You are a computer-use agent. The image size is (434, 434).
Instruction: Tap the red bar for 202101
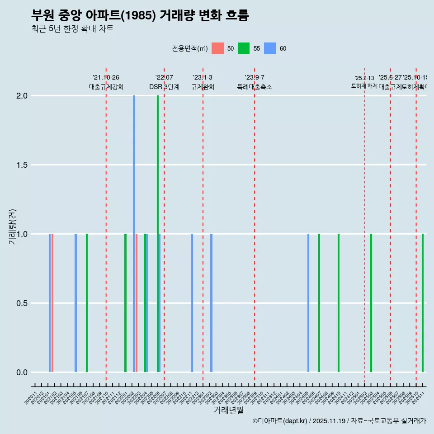point(52,303)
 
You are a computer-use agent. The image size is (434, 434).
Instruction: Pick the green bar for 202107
point(87,303)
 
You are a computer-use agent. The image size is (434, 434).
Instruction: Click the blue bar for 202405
point(308,303)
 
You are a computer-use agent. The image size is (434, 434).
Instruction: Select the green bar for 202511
point(423,303)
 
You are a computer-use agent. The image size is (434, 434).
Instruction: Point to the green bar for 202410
point(339,303)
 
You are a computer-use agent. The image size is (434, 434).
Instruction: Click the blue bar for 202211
point(192,303)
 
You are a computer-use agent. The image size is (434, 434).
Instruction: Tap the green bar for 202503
point(371,303)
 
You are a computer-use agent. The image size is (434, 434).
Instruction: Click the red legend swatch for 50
point(218,48)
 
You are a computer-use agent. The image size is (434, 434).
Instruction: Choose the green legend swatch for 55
point(244,48)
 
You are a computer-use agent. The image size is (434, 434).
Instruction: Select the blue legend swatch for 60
point(270,48)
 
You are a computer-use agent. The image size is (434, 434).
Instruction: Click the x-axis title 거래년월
point(228,410)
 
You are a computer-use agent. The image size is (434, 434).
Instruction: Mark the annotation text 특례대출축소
point(255,87)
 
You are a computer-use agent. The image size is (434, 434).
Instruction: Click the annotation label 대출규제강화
point(106,87)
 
